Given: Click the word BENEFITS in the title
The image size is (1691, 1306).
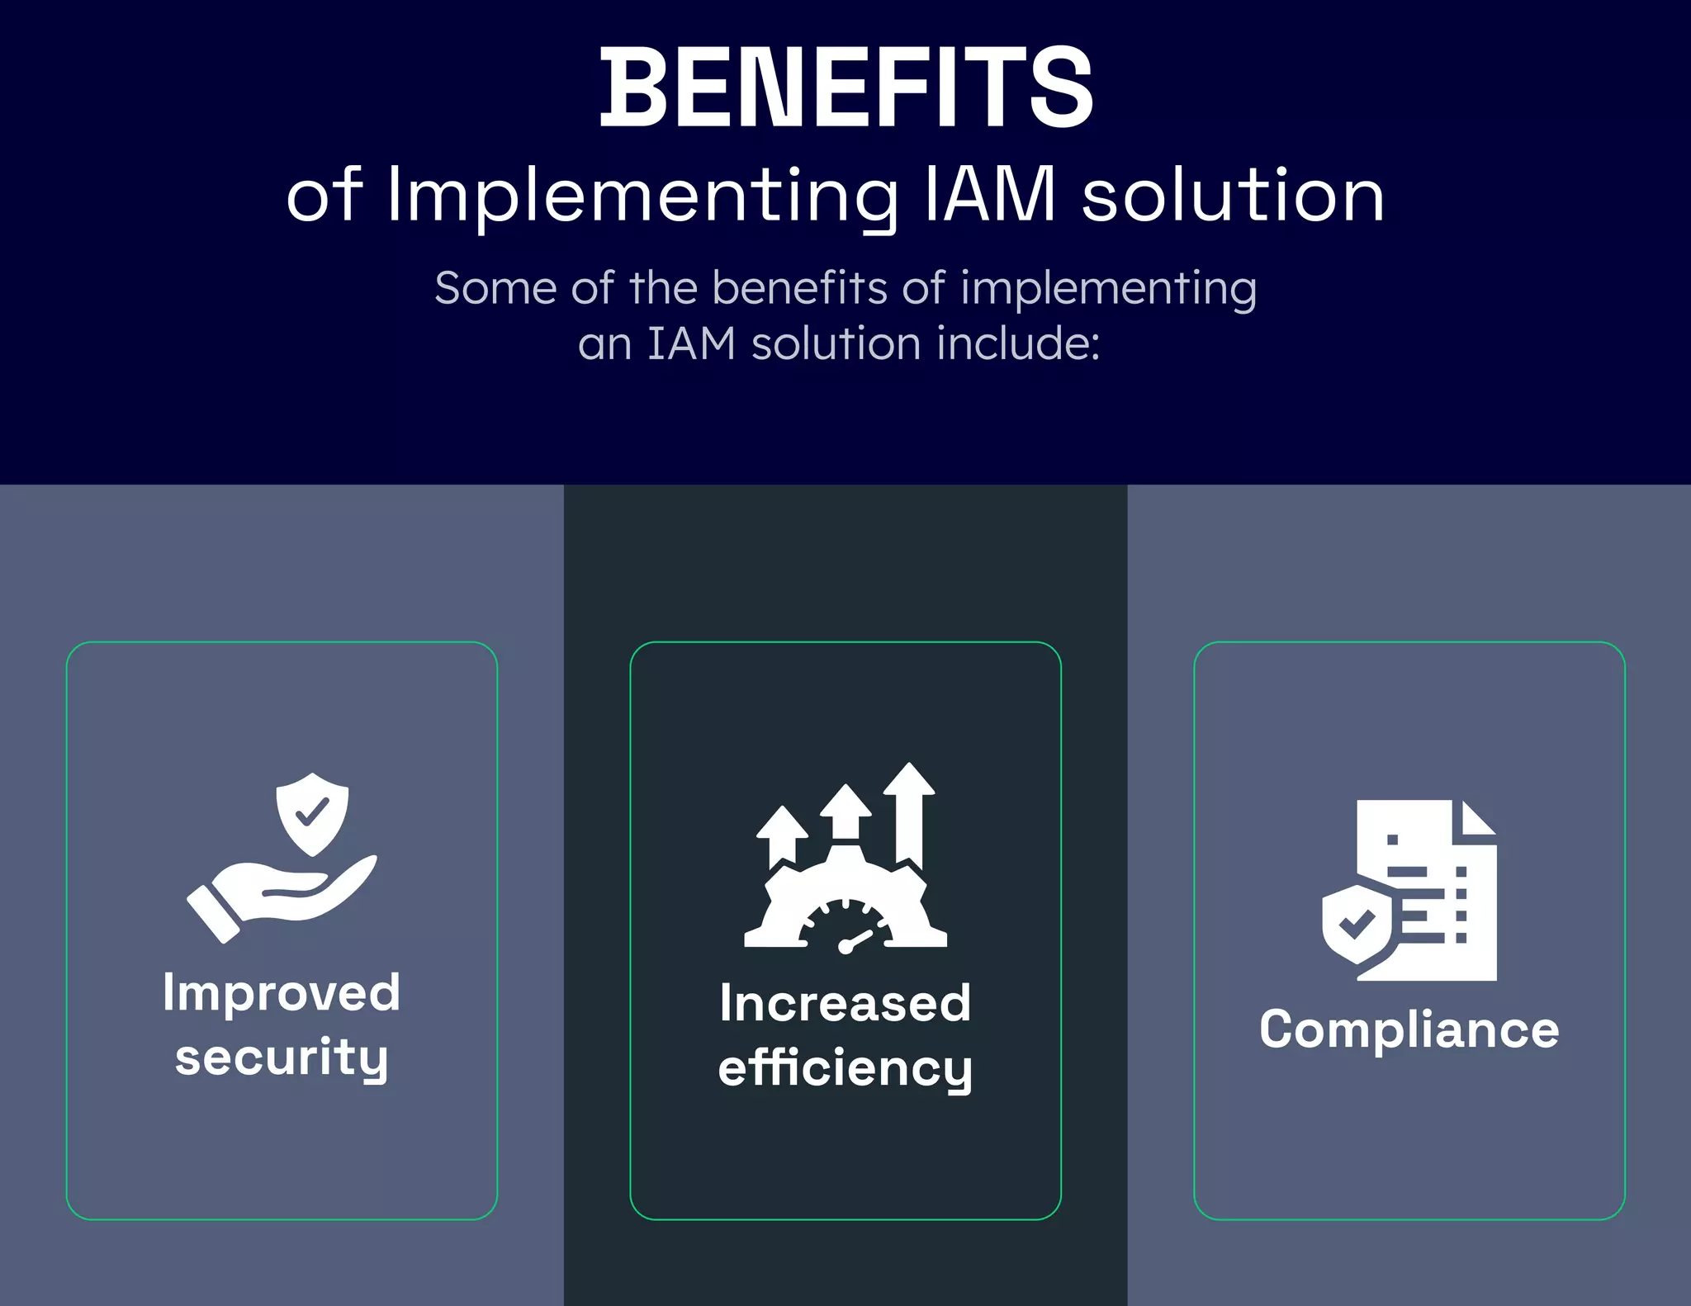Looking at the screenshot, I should pyautogui.click(x=846, y=88).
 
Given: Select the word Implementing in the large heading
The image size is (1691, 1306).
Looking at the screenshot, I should pyautogui.click(x=642, y=196).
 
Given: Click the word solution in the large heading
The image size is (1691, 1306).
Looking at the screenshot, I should pyautogui.click(x=1233, y=196).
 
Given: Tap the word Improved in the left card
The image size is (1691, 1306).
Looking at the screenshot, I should pyautogui.click(x=282, y=992).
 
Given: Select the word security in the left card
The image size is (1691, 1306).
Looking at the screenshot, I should pyautogui.click(x=282, y=1058).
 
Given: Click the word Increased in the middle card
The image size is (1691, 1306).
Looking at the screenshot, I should pyautogui.click(x=845, y=1004).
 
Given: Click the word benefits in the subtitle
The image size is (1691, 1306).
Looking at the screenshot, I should pyautogui.click(x=799, y=288).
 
